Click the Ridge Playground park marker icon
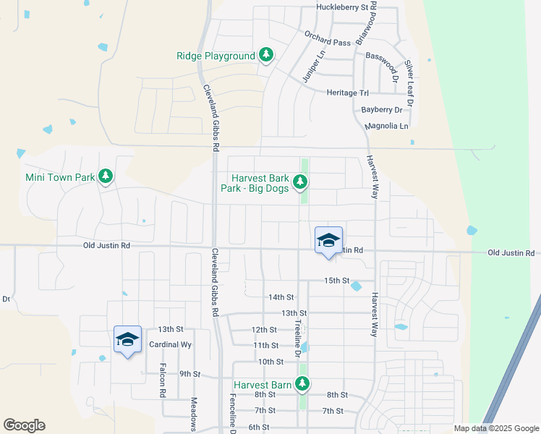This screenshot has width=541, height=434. pyautogui.click(x=266, y=55)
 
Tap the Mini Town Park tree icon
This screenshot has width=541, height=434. pyautogui.click(x=106, y=176)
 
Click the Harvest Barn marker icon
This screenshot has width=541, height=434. pyautogui.click(x=304, y=384)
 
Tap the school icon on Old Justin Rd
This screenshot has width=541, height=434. pyautogui.click(x=328, y=241)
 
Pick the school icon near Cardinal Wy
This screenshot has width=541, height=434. pyautogui.click(x=127, y=339)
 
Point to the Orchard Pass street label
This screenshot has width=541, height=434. pyautogui.click(x=327, y=43)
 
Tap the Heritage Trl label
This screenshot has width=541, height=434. pyautogui.click(x=348, y=93)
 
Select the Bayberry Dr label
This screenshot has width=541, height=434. pyautogui.click(x=381, y=110)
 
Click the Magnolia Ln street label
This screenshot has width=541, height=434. pyautogui.click(x=387, y=126)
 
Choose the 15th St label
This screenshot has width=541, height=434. pyautogui.click(x=336, y=280)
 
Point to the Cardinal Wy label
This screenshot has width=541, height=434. pyautogui.click(x=169, y=344)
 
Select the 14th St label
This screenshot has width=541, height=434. pyautogui.click(x=281, y=297)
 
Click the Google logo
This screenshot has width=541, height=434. pyautogui.click(x=24, y=425)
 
